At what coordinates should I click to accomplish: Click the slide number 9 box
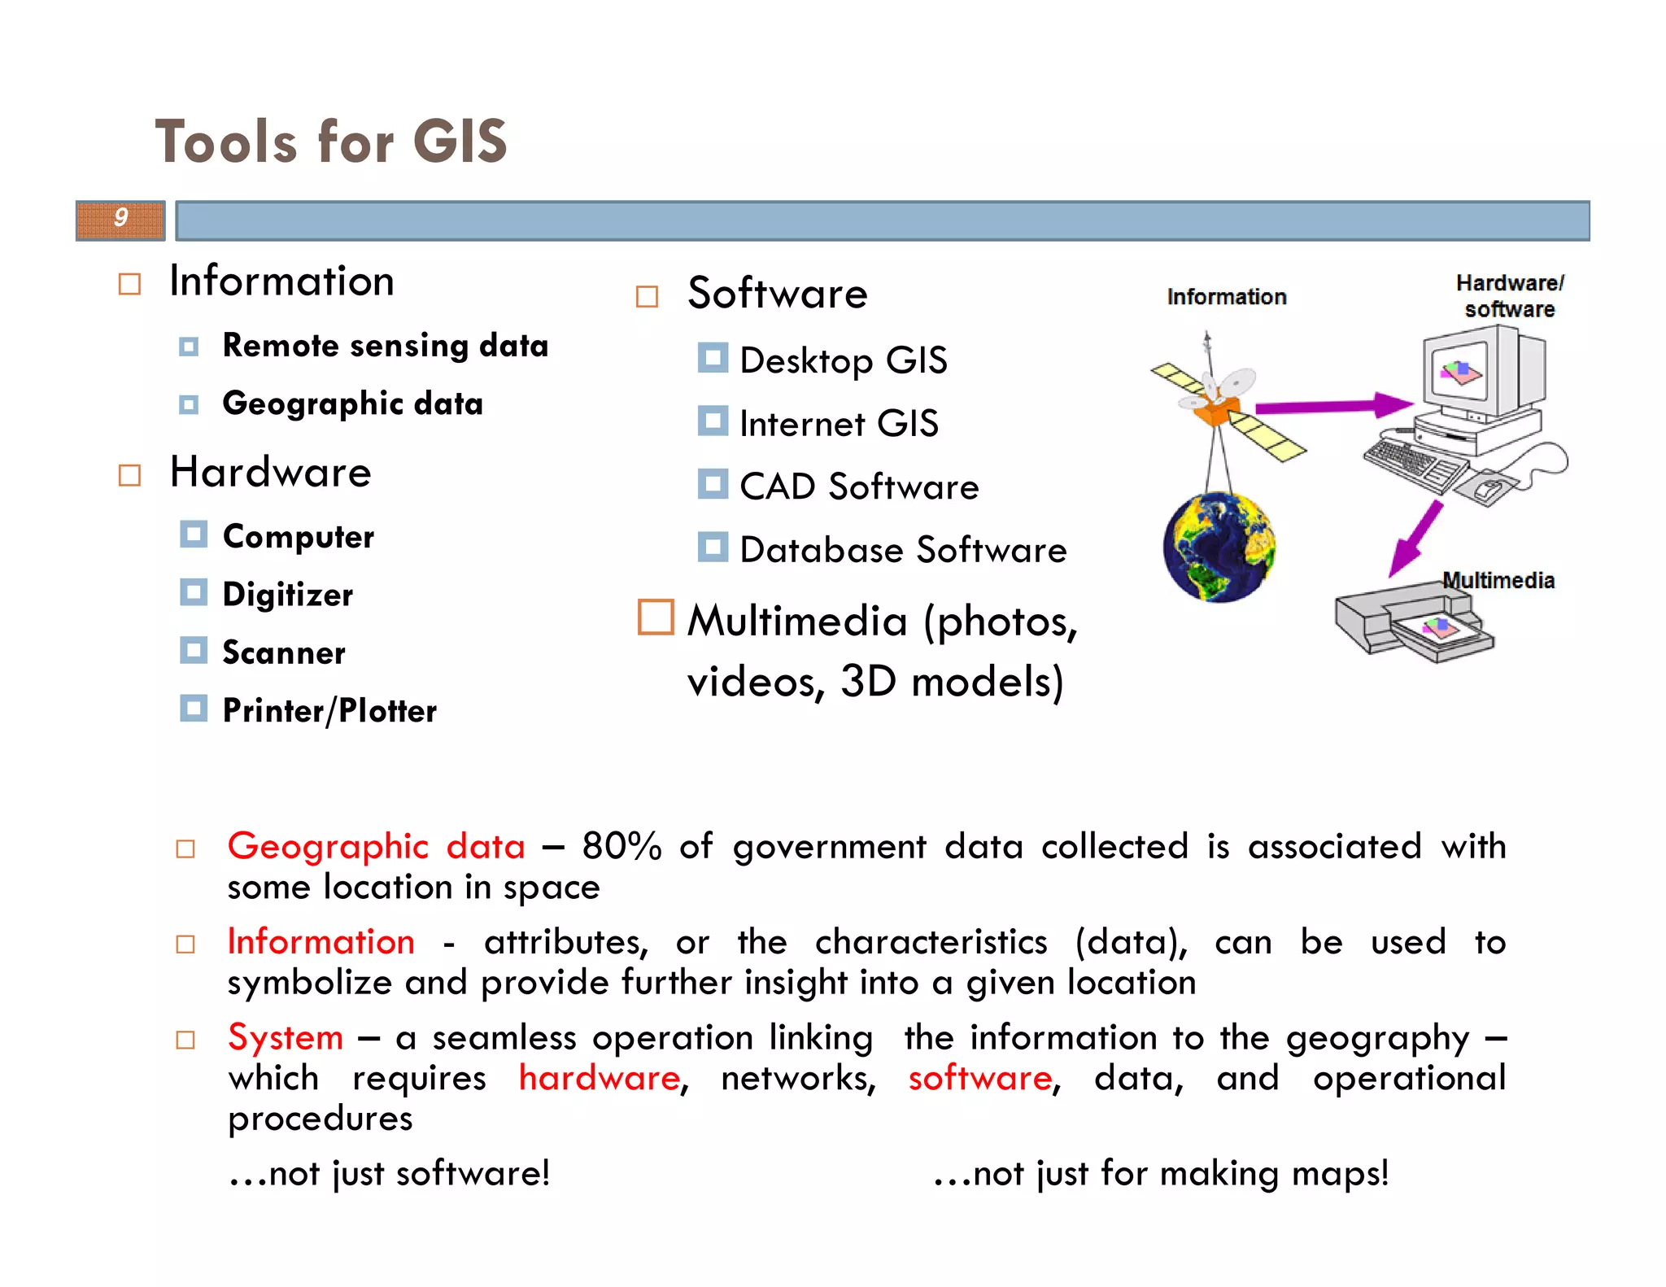tap(120, 220)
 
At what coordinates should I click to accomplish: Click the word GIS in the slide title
tap(460, 142)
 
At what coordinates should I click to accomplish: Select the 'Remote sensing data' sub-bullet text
tap(386, 346)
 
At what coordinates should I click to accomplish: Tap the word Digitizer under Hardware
tap(288, 595)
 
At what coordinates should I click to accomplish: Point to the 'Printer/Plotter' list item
tap(329, 710)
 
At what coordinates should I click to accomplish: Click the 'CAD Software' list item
tap(859, 486)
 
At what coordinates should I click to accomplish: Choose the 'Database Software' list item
tap(903, 550)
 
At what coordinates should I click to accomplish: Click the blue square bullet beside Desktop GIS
tap(713, 358)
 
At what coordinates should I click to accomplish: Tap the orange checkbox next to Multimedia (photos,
tap(656, 617)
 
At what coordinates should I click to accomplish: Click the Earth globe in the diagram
tap(1218, 548)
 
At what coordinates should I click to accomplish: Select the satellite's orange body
tap(1213, 410)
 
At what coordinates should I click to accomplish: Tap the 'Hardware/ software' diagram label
tap(1510, 296)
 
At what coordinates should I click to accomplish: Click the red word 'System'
tap(286, 1037)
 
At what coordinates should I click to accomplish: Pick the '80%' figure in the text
tap(621, 846)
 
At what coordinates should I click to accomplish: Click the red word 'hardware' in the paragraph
tap(600, 1078)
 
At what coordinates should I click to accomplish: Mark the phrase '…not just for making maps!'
tap(1161, 1173)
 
